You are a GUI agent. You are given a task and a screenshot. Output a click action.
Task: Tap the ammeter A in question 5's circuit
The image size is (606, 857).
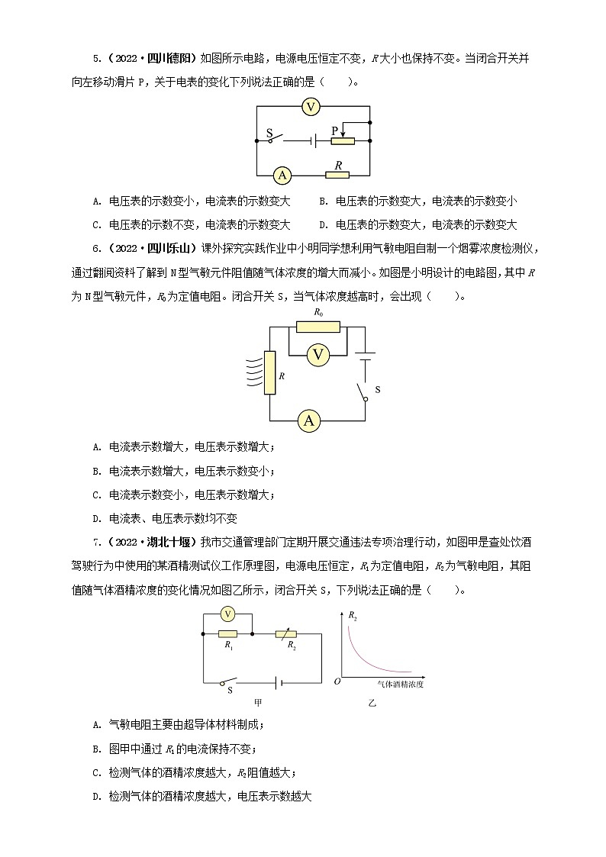(282, 175)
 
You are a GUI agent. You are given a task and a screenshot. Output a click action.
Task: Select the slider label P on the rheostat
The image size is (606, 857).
(334, 131)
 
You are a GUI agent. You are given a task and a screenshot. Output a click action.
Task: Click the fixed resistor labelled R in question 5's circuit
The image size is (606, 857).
(337, 175)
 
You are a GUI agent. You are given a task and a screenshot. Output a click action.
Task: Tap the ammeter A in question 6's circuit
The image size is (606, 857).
(309, 420)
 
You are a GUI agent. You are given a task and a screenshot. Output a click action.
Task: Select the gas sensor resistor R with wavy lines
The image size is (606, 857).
(269, 373)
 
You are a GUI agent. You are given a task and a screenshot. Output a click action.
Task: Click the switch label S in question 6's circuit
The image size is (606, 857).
(377, 390)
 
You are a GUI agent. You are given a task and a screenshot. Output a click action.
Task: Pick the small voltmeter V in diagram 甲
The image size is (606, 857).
(227, 614)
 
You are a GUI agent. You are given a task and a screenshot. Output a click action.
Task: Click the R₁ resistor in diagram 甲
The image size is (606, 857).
(227, 633)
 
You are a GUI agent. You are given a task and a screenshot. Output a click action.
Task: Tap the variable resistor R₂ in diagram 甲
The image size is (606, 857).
(291, 633)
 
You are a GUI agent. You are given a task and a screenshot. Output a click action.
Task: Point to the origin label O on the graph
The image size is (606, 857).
(337, 679)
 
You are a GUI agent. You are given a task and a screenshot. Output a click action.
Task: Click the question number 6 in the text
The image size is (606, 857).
(95, 248)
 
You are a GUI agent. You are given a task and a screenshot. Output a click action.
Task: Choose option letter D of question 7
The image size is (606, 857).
(96, 796)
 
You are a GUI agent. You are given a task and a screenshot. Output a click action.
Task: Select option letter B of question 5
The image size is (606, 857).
(322, 201)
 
